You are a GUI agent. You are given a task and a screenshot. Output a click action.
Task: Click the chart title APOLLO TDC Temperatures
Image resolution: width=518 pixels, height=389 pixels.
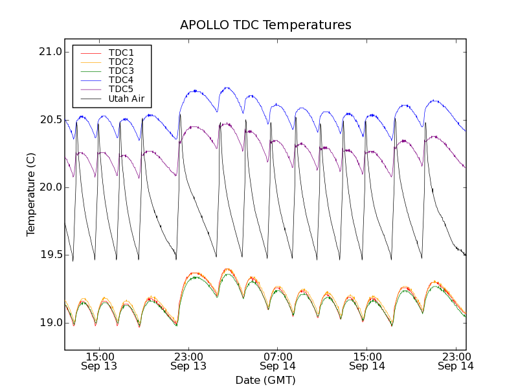point(265,25)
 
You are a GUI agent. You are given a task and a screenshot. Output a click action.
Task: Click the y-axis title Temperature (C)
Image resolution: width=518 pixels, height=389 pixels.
point(31,194)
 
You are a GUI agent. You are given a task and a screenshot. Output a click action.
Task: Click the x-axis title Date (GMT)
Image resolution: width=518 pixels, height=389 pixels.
point(265,380)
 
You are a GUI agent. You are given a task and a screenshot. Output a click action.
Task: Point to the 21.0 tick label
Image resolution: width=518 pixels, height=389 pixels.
point(50,52)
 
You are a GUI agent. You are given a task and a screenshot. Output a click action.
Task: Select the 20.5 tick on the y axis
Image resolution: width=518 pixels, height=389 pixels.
point(50,120)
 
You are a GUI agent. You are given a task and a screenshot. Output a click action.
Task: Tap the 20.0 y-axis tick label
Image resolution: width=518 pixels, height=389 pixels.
point(50,187)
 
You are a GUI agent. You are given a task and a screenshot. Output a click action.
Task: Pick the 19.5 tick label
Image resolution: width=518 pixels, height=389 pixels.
point(50,255)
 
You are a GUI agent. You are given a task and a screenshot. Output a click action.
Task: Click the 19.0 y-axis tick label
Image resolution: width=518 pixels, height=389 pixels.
point(50,323)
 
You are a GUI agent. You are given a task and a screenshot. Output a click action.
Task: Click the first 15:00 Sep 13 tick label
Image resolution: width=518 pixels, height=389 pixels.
point(100,361)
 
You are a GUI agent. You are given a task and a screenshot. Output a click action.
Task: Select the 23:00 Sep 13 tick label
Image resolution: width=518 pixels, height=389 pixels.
point(189,361)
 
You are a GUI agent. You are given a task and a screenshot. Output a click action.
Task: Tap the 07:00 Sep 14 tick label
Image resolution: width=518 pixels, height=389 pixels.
point(278,361)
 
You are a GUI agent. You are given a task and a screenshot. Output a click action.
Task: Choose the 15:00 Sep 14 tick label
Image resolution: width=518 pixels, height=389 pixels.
point(366,361)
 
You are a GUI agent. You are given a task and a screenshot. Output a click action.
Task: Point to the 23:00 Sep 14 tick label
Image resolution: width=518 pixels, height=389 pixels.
point(455,361)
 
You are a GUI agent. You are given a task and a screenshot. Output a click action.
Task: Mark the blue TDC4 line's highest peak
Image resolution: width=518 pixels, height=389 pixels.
point(227,88)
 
